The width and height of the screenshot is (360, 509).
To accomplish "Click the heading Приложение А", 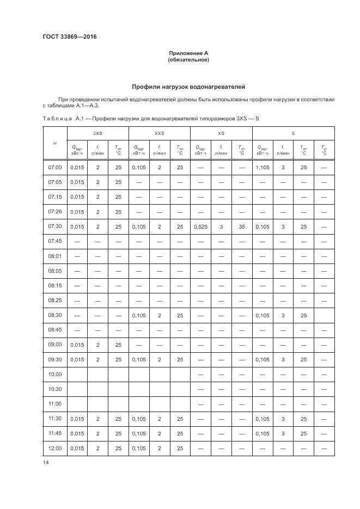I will pyautogui.click(x=188, y=53).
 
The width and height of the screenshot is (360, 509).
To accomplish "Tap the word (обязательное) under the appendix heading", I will pyautogui.click(x=188, y=60).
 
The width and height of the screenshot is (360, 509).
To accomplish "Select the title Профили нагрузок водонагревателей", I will pyautogui.click(x=188, y=87).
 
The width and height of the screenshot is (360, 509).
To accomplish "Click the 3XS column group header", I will pyautogui.click(x=97, y=133).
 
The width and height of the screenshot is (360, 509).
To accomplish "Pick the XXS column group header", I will pyautogui.click(x=159, y=133).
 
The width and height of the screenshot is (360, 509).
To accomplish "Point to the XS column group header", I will pyautogui.click(x=221, y=133).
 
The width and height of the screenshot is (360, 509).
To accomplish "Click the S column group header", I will pyautogui.click(x=293, y=133).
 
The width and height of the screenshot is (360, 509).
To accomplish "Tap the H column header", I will pyautogui.click(x=54, y=143).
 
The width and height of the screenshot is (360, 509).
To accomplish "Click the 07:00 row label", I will pyautogui.click(x=55, y=167).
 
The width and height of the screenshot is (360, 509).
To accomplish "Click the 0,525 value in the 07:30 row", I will pyautogui.click(x=200, y=226).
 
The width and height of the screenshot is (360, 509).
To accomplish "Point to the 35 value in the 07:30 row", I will pyautogui.click(x=241, y=226).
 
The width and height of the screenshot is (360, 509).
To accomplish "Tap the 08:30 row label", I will pyautogui.click(x=55, y=315).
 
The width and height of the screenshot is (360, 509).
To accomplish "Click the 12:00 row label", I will pyautogui.click(x=55, y=448).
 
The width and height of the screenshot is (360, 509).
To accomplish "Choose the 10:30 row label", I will pyautogui.click(x=55, y=389).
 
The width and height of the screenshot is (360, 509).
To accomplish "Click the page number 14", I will pyautogui.click(x=45, y=463).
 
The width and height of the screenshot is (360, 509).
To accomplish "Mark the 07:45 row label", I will pyautogui.click(x=55, y=241).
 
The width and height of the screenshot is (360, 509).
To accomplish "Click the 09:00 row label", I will pyautogui.click(x=55, y=345).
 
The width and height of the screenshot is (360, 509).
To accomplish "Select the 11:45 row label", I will pyautogui.click(x=55, y=433).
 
